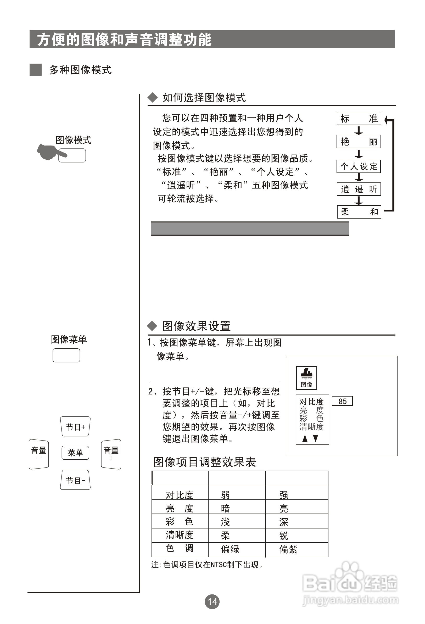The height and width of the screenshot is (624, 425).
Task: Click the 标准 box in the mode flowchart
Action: click(x=359, y=118)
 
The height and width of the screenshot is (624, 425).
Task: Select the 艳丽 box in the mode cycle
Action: click(x=359, y=142)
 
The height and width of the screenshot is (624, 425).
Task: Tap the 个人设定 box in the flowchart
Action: click(x=359, y=166)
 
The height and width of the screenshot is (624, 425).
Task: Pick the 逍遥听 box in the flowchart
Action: click(x=359, y=189)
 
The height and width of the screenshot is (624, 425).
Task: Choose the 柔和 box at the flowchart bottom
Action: click(x=359, y=212)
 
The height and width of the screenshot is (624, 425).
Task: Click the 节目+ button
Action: click(x=75, y=427)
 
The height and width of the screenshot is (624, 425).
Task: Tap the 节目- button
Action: click(x=75, y=480)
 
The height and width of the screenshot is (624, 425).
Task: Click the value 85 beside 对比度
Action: click(x=342, y=401)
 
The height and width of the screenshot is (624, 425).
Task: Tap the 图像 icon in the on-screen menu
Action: click(x=306, y=377)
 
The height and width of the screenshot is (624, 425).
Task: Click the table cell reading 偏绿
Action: click(x=230, y=549)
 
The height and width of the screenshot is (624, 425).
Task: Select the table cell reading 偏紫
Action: click(x=288, y=549)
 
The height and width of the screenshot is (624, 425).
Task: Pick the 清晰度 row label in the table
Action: click(x=179, y=535)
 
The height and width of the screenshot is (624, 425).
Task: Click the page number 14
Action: click(x=212, y=601)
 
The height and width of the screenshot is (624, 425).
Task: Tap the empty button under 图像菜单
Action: click(x=66, y=355)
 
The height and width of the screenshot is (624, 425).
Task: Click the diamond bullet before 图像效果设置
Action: click(x=152, y=326)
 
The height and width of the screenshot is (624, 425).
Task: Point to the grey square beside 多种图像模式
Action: click(x=35, y=70)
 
